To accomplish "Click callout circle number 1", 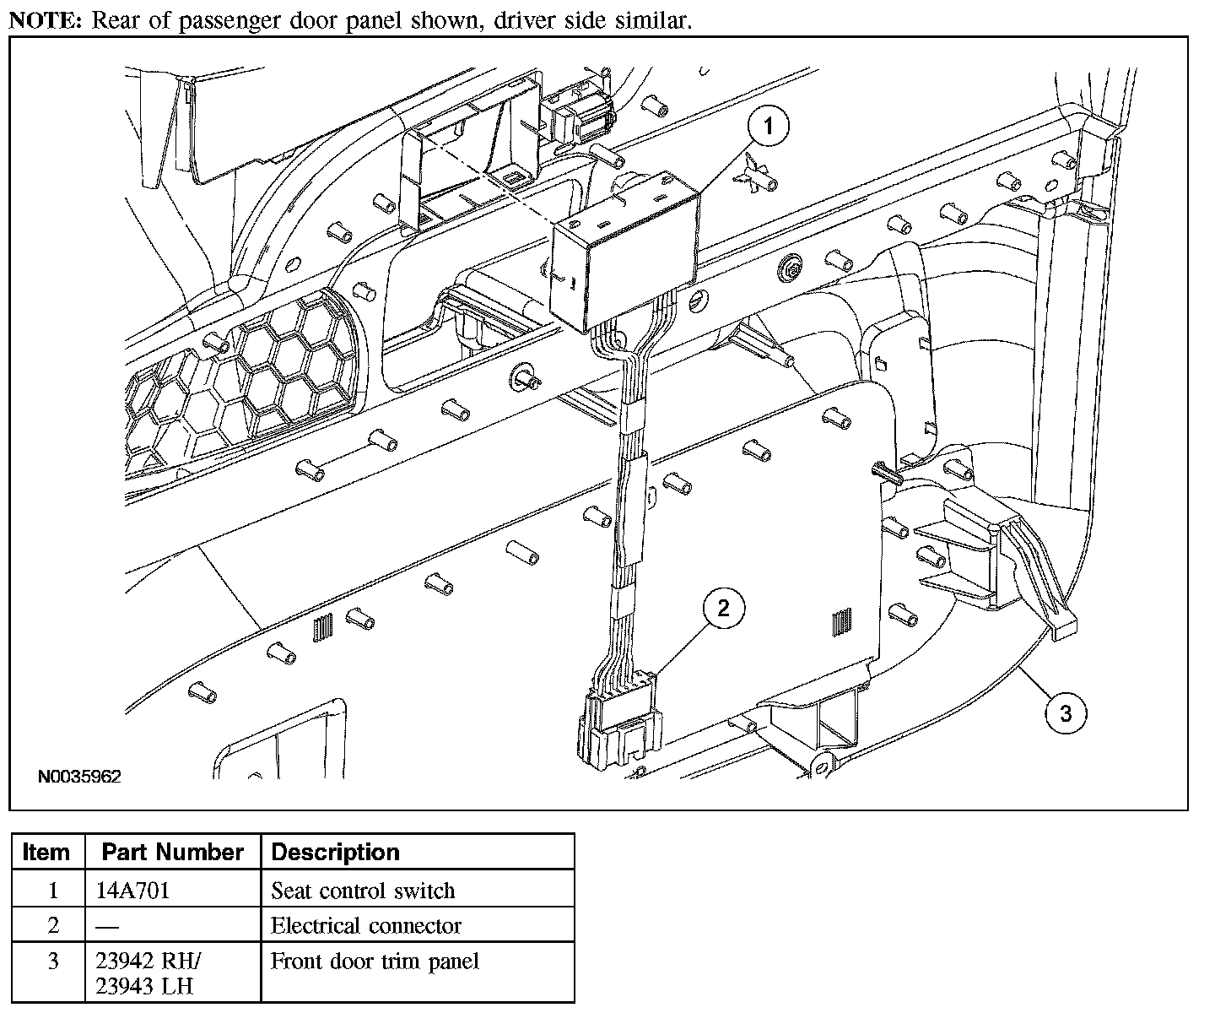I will click(768, 128).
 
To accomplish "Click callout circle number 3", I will click(1066, 713).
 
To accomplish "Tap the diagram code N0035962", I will click(78, 777).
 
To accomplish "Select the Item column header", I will click(46, 852).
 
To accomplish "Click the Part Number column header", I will click(172, 852).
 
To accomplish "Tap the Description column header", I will click(335, 852).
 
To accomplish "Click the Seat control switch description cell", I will click(363, 891).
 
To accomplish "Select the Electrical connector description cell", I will click(366, 926).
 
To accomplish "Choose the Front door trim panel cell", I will click(375, 961).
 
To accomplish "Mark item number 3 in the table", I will click(53, 962).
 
